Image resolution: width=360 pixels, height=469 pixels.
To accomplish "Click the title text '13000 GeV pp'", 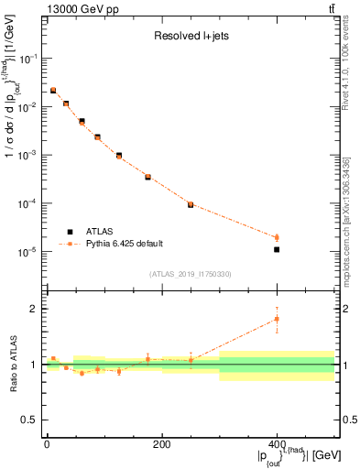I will click(74, 8).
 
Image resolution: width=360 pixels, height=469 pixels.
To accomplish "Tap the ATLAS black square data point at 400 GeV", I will click(277, 249).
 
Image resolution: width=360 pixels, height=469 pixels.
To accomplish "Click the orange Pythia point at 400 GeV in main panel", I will click(277, 237).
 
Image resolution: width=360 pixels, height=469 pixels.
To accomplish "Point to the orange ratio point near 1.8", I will click(277, 319).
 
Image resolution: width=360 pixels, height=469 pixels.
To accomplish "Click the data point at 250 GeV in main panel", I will click(191, 204).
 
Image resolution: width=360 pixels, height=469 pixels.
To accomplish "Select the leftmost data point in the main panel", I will click(53, 90).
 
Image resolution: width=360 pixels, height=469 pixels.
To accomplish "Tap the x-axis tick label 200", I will click(161, 445).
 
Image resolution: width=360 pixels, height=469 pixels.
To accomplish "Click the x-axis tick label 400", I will click(277, 445).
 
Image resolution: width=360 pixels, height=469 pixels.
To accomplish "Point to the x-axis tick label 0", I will click(47, 445).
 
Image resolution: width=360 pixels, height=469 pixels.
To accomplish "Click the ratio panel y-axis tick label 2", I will click(32, 309).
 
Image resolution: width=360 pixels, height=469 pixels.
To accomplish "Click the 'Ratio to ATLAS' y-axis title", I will click(12, 364).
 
